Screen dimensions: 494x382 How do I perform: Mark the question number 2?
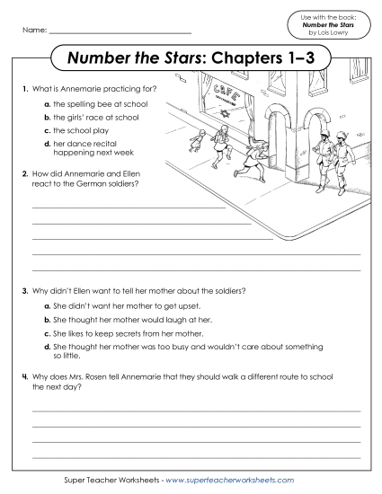pos(23,170)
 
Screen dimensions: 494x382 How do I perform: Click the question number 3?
pos(23,292)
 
